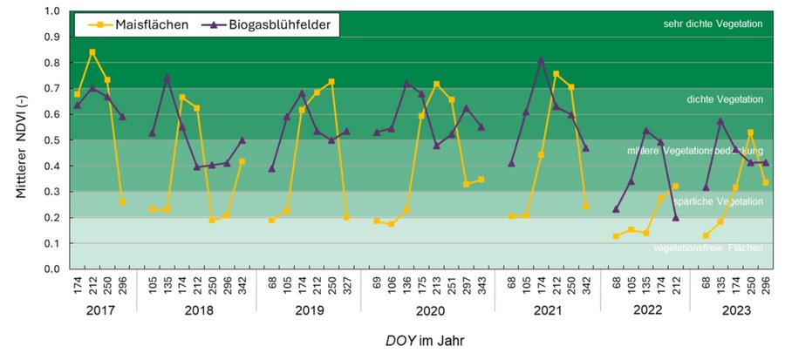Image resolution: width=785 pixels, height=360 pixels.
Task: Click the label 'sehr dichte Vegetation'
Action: [713, 24]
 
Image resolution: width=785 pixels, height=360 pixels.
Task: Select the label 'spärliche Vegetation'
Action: [718, 201]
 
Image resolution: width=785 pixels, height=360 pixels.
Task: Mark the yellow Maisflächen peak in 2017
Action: [92, 52]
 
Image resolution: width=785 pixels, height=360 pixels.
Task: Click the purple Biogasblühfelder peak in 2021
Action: [541, 60]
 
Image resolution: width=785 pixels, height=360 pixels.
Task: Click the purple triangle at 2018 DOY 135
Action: [167, 78]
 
